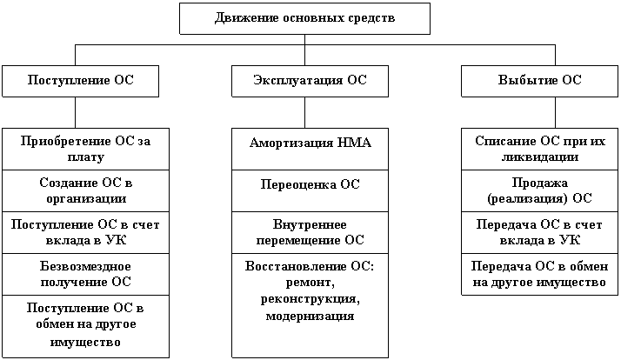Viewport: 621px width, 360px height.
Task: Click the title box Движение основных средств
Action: [x=304, y=18]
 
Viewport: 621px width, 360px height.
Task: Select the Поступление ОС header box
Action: [x=81, y=80]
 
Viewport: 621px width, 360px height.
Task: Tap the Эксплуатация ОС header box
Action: [x=310, y=80]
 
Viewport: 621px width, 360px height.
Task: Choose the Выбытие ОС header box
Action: [x=539, y=80]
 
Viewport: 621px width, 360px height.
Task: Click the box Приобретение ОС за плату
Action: [x=85, y=149]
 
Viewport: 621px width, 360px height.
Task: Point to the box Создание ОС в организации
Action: [x=85, y=190]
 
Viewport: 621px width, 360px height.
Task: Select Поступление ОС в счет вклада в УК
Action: [x=85, y=232]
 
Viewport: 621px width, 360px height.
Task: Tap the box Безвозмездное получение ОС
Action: [x=85, y=274]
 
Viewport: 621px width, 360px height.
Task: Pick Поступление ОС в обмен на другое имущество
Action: [x=85, y=324]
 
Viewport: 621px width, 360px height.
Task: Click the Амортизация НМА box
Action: [x=310, y=143]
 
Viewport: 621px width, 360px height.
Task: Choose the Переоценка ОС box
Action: [x=310, y=184]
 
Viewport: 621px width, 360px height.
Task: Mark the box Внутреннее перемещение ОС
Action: [x=310, y=232]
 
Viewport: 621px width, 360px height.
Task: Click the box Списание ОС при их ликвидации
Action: [x=539, y=149]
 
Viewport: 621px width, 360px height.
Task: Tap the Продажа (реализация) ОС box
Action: [x=539, y=190]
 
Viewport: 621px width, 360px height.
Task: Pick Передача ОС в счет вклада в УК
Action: [x=539, y=232]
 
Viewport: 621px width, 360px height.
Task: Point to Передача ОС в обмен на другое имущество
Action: [x=539, y=274]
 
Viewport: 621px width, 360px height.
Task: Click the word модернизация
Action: [x=310, y=316]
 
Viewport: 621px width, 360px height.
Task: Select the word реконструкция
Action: [x=310, y=299]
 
